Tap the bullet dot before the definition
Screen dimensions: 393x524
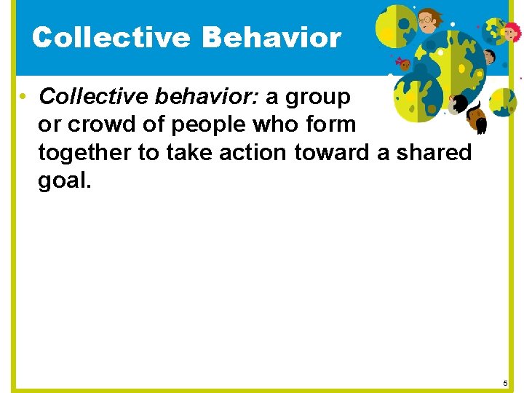click(x=24, y=97)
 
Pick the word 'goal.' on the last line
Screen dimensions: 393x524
click(x=65, y=180)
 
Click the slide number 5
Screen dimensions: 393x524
click(x=506, y=383)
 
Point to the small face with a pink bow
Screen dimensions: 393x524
click(x=404, y=65)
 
